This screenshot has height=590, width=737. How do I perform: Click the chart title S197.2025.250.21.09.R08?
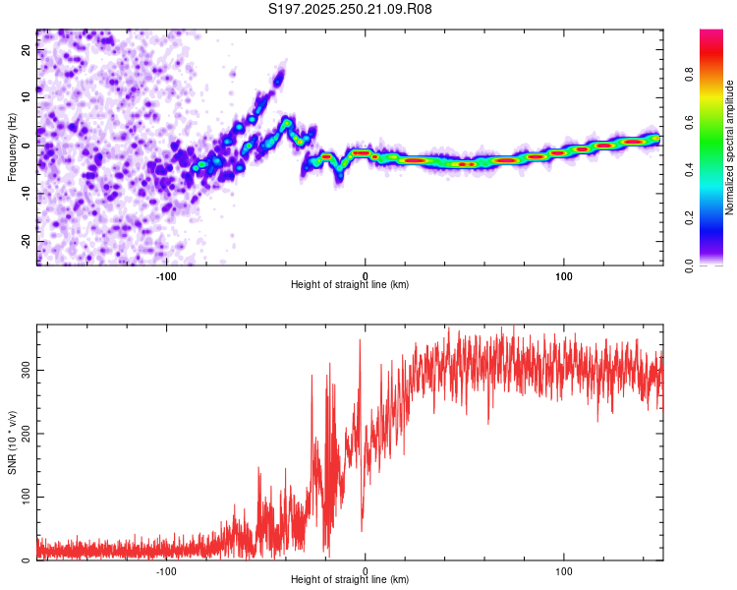click(351, 10)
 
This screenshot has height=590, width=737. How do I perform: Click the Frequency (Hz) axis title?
click(12, 147)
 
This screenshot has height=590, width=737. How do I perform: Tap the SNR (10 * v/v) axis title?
click(12, 442)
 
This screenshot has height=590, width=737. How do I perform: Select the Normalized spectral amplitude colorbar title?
click(730, 147)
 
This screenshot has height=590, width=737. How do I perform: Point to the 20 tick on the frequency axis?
click(26, 51)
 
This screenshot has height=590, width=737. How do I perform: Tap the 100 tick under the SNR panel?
click(564, 570)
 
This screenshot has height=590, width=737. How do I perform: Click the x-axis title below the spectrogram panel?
click(350, 285)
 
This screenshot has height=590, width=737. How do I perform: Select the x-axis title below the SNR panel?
click(350, 581)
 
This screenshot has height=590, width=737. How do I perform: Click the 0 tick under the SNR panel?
click(366, 570)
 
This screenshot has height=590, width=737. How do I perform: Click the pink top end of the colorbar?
click(711, 34)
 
